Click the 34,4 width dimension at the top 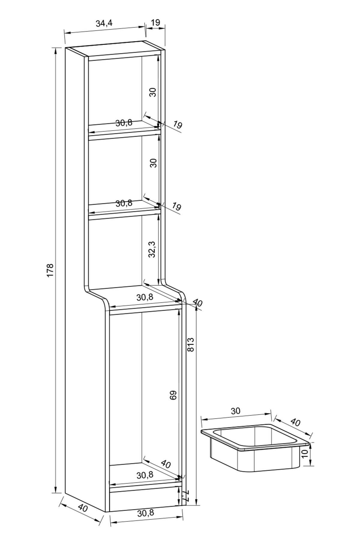click(x=104, y=24)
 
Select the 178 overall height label click(x=50, y=270)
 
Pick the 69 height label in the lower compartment click(x=173, y=395)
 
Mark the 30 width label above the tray click(x=236, y=411)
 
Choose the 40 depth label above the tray click(x=295, y=422)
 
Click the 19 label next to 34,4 click(x=155, y=22)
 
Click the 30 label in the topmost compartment click(x=153, y=92)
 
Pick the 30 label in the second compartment click(x=153, y=163)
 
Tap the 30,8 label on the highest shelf click(x=124, y=123)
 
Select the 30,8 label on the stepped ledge click(x=145, y=297)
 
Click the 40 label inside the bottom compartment click(x=166, y=464)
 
